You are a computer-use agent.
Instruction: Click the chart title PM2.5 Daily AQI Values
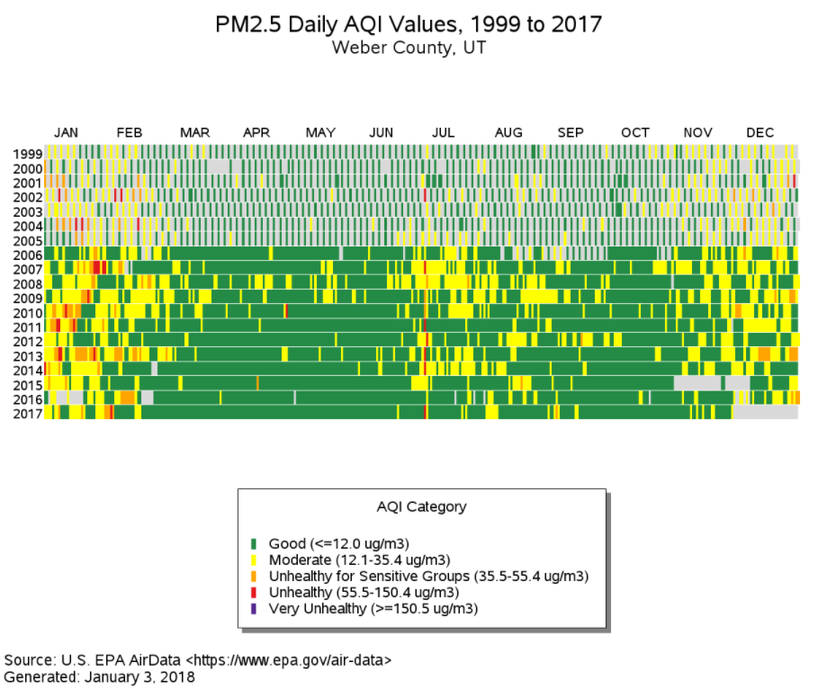click(409, 24)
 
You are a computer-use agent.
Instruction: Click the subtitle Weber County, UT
click(409, 48)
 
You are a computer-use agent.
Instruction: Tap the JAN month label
click(66, 133)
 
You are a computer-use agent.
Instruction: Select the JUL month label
click(443, 133)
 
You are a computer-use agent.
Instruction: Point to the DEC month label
click(760, 133)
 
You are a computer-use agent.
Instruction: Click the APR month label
click(256, 133)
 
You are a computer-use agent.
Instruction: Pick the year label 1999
click(28, 153)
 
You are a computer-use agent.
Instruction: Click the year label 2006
click(28, 255)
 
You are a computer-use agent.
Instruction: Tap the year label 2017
click(28, 414)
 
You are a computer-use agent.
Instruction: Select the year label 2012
click(28, 342)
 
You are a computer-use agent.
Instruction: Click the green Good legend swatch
click(254, 543)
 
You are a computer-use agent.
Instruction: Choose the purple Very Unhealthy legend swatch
click(254, 608)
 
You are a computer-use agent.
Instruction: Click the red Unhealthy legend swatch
click(254, 592)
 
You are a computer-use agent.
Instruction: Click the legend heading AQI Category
click(422, 506)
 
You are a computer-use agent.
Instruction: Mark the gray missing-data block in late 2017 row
click(765, 412)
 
